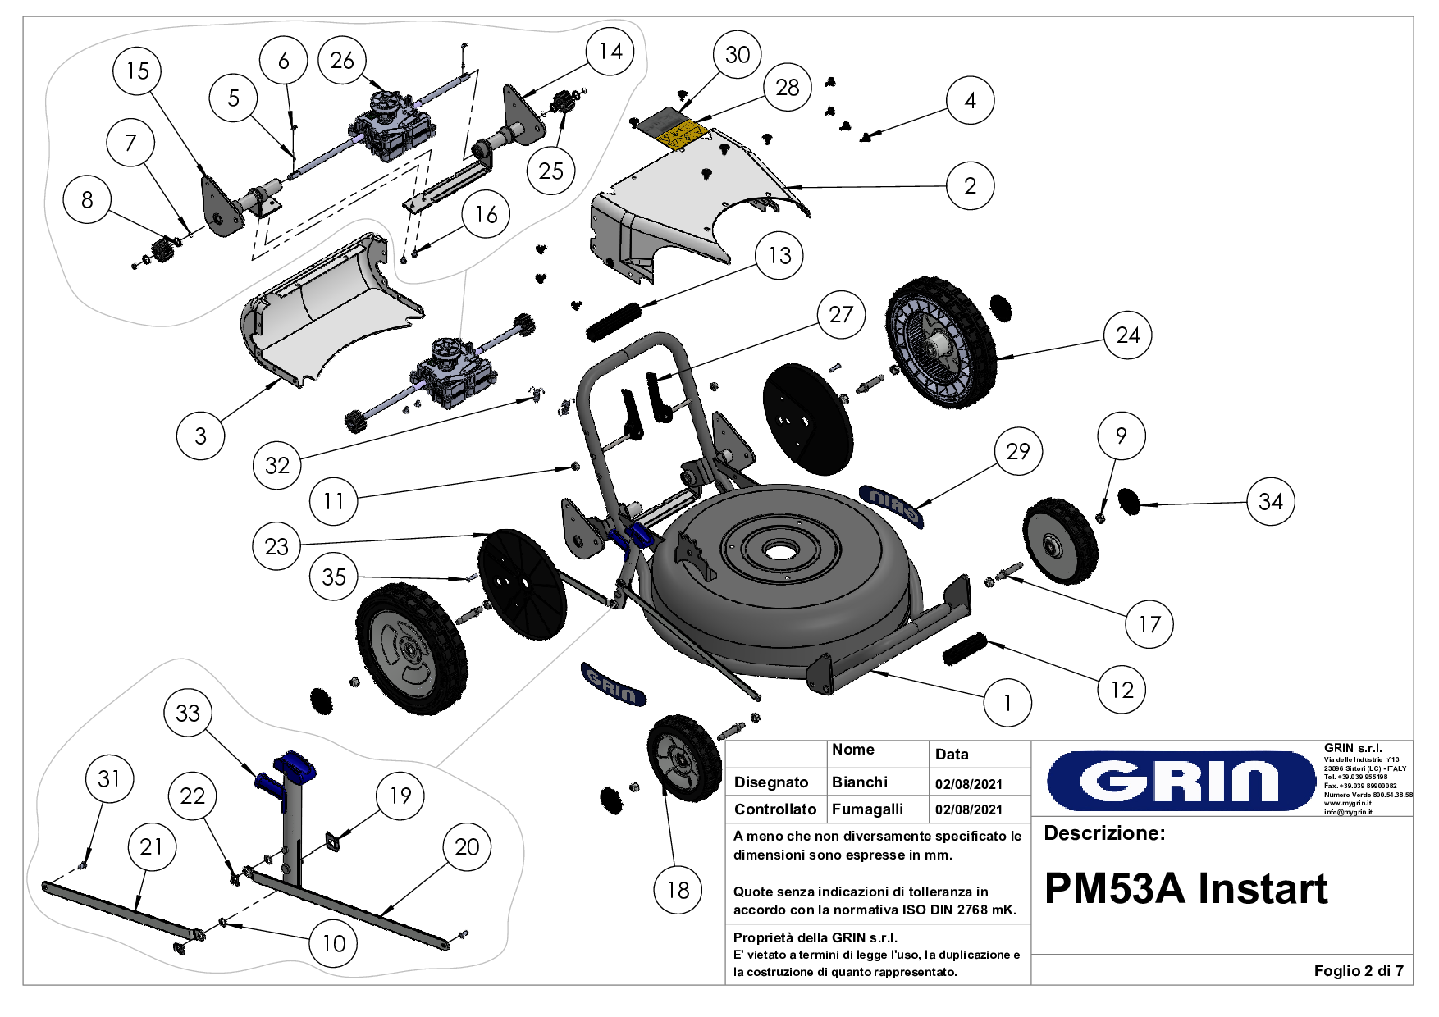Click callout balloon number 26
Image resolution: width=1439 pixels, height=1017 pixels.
342,60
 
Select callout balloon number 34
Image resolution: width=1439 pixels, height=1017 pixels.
1270,501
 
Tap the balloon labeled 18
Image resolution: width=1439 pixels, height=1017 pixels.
678,890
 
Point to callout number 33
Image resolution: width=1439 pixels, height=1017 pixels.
188,713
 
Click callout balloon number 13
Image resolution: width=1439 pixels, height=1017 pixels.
779,255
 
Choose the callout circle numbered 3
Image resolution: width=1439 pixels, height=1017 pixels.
200,436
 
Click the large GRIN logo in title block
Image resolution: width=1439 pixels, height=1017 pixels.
1181,780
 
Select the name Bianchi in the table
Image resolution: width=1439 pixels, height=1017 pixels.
859,782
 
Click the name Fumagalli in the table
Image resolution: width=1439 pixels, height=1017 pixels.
866,809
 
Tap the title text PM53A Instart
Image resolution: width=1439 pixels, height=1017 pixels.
1185,889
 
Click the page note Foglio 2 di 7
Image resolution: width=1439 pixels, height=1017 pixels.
1358,970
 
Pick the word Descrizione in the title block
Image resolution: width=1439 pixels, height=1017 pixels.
1103,833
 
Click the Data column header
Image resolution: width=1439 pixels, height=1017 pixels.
951,754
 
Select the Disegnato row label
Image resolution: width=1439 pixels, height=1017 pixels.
770,782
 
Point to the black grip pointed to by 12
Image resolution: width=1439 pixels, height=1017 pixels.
964,648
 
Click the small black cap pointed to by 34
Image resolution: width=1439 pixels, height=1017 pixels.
1130,500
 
